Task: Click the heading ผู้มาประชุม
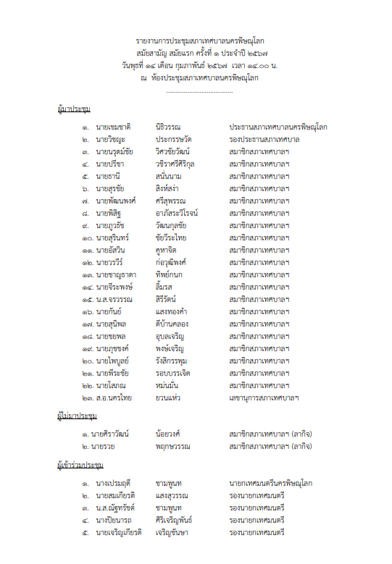73,109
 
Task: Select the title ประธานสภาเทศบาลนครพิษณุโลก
278,127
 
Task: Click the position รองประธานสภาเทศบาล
264,139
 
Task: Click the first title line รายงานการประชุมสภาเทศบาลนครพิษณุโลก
197,41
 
